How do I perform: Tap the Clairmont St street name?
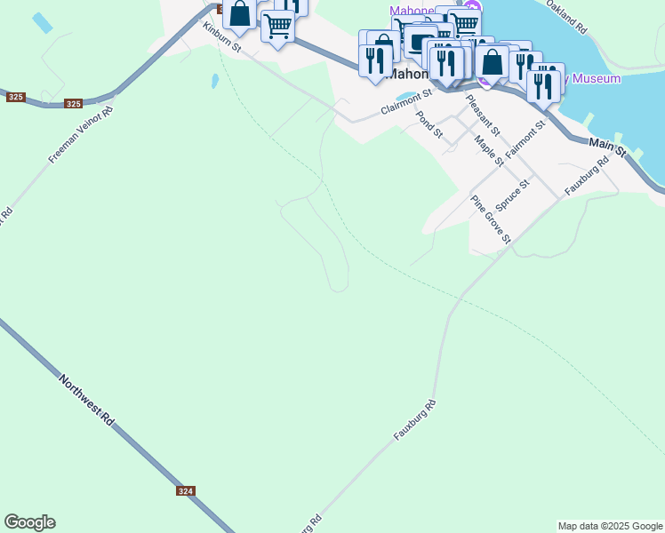click(405, 100)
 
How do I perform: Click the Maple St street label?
click(488, 150)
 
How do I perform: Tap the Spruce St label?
click(513, 194)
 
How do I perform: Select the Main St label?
click(608, 146)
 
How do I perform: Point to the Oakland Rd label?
click(567, 17)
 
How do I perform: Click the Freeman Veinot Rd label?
click(81, 135)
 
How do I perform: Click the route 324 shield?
click(186, 491)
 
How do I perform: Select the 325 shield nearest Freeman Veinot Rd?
click(74, 104)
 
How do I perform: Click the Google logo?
click(30, 522)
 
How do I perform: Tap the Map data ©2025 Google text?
click(610, 526)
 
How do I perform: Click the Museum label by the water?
click(596, 79)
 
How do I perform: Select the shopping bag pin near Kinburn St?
click(239, 14)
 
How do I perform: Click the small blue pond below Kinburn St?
click(214, 82)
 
